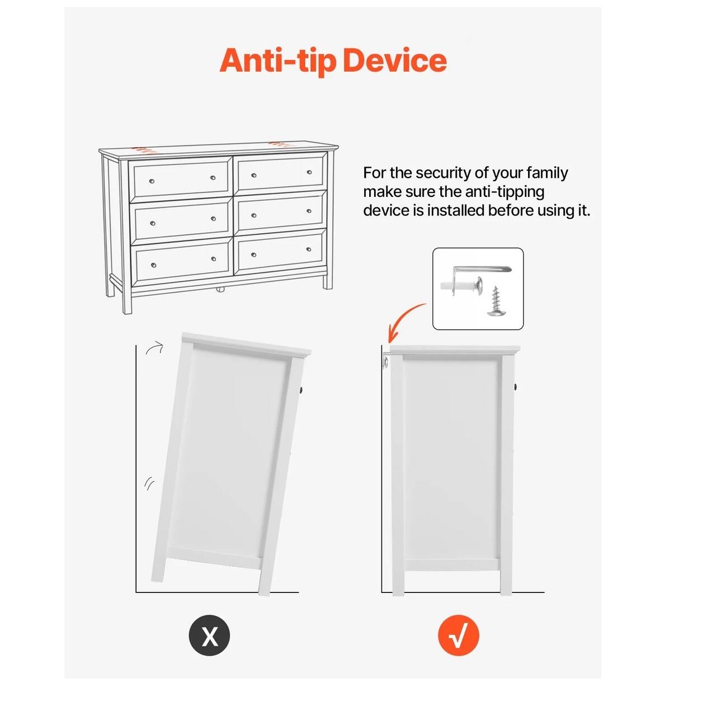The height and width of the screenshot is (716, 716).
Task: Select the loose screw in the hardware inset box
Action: tap(495, 300)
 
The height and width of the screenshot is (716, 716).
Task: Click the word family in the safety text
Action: tap(547, 173)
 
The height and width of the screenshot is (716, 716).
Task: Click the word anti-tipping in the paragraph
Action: tap(505, 192)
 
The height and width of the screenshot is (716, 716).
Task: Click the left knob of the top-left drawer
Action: tap(151, 181)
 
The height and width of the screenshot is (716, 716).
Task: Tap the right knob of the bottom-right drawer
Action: tap(309, 249)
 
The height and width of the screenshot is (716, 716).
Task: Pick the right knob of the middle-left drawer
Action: tap(213, 219)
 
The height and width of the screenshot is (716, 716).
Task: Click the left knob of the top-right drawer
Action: tap(254, 175)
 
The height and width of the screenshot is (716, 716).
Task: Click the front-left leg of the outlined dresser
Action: tap(127, 300)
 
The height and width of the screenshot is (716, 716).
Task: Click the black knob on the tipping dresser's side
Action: tap(302, 390)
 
